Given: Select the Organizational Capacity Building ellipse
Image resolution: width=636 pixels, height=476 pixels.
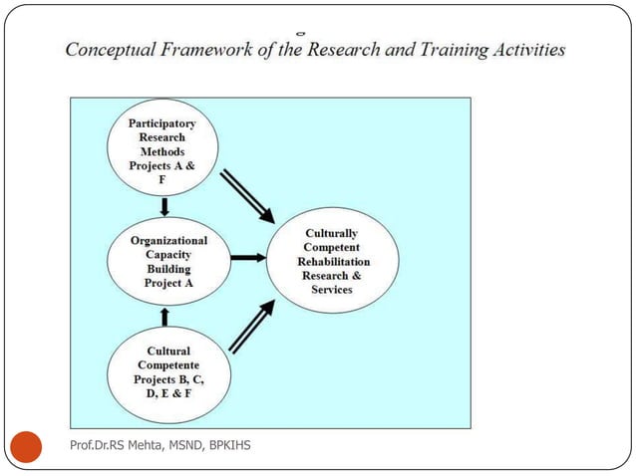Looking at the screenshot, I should coord(168,261).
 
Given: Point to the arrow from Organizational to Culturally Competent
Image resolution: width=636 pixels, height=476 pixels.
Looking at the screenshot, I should coord(247,257).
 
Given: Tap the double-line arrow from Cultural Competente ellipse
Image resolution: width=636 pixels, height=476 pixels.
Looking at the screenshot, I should coord(252,328).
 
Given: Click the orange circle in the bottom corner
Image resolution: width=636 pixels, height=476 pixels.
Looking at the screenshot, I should coord(27,445).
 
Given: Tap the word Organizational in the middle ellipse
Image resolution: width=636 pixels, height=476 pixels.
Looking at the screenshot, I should coord(168,240).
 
